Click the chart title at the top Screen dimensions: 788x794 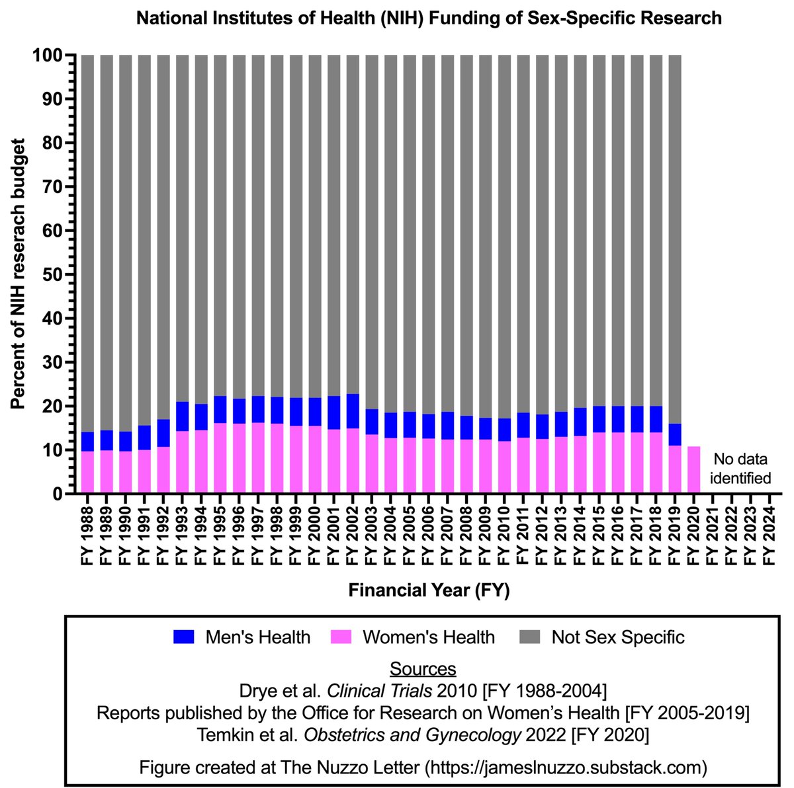(x=428, y=18)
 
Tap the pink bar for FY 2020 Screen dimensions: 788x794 (x=693, y=470)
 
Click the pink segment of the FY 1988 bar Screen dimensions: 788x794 (x=87, y=472)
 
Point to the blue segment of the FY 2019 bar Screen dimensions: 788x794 (x=675, y=434)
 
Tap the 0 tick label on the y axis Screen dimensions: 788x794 (x=57, y=494)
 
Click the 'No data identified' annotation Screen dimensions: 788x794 (x=740, y=469)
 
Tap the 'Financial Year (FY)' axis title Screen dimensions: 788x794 (x=429, y=590)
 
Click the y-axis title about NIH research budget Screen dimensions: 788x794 (x=19, y=274)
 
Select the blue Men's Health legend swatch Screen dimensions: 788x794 (x=185, y=637)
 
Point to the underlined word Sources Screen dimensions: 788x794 (x=423, y=668)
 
